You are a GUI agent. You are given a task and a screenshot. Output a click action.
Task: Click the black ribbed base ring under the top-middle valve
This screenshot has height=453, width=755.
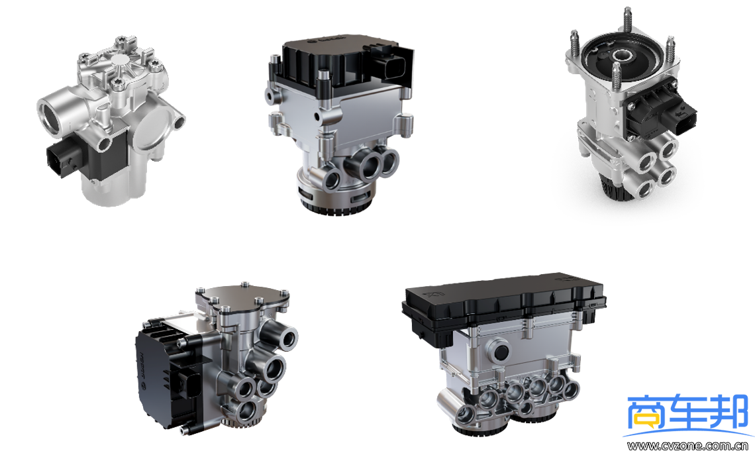[x=337, y=201]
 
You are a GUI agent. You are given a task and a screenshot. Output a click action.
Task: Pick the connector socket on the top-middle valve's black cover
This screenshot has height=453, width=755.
[x=393, y=68]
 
